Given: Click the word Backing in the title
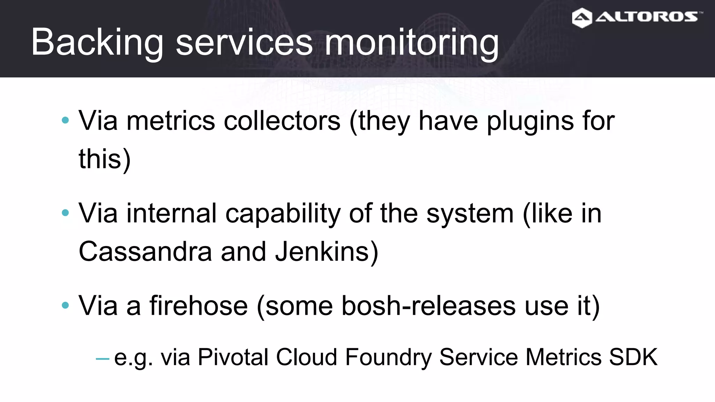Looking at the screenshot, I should point(97,43).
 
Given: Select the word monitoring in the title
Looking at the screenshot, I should point(412,43).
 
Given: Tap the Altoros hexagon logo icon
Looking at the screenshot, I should point(582,18).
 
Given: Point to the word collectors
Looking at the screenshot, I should point(282,121).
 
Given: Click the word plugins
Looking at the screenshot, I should point(530,121).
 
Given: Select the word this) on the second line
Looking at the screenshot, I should point(104,159).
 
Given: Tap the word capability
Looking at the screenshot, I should point(283,213).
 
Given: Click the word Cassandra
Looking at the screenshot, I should point(145,251).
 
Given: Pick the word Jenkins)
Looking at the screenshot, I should point(326,251).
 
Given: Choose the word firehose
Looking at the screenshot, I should point(199,306).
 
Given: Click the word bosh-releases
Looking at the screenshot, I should point(428,306).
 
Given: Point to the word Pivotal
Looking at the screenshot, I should point(233,357).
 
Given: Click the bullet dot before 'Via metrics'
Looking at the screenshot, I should point(65,120).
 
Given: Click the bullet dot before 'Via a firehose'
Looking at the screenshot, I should point(65,305).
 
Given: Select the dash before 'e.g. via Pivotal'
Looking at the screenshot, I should point(103,358).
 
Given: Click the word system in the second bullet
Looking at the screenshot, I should point(470,213).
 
